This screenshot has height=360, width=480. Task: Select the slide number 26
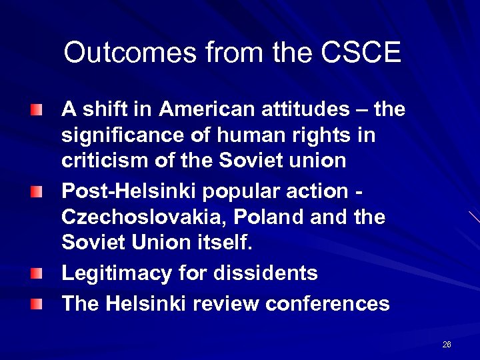(447, 345)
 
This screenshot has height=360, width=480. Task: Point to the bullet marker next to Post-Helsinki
(36, 192)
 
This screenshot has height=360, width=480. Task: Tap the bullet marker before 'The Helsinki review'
(36, 305)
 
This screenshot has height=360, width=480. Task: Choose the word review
(227, 304)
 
